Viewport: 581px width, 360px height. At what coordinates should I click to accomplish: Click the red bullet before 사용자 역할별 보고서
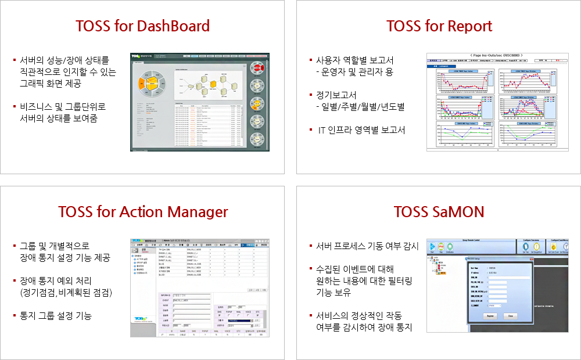tap(311, 60)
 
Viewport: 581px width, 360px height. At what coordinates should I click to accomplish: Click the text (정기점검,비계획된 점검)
tap(66, 292)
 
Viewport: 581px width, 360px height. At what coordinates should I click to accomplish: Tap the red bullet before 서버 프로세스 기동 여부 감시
tap(311, 246)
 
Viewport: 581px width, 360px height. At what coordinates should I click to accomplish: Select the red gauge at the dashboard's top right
tap(258, 68)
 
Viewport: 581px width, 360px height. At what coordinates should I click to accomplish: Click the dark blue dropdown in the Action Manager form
tap(239, 319)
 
